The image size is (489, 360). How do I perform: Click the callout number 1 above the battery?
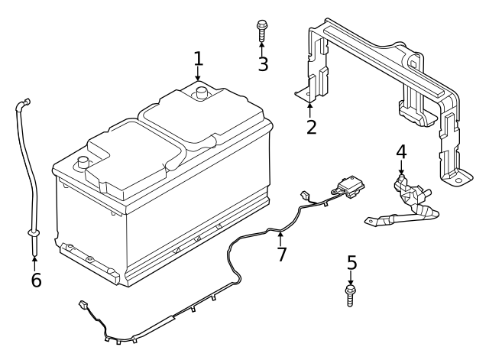[x=199, y=59]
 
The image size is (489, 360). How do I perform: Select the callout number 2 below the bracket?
[x=311, y=127]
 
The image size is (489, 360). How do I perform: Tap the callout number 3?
[x=263, y=64]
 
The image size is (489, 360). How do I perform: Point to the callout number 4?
[x=401, y=151]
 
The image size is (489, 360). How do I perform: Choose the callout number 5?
[x=351, y=263]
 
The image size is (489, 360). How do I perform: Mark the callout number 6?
[x=36, y=280]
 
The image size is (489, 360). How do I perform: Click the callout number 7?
[x=282, y=254]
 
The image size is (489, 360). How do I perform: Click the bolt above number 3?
[x=262, y=31]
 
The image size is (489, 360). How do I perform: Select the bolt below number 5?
[x=351, y=296]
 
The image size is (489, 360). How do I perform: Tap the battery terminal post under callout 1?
[x=202, y=93]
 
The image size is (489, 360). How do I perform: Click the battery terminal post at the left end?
[x=83, y=162]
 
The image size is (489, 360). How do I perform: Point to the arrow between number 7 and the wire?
[x=280, y=238]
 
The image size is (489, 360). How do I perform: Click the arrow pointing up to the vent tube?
[x=34, y=263]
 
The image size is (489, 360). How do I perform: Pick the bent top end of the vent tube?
[x=22, y=104]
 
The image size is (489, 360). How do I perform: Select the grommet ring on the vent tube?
[x=34, y=232]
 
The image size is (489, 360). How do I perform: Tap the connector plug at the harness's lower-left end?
[x=83, y=304]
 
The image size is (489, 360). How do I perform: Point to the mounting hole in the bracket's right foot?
[x=458, y=180]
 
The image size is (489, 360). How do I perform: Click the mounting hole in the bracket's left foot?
[x=308, y=93]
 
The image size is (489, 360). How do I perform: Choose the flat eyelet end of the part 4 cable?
[x=373, y=221]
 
